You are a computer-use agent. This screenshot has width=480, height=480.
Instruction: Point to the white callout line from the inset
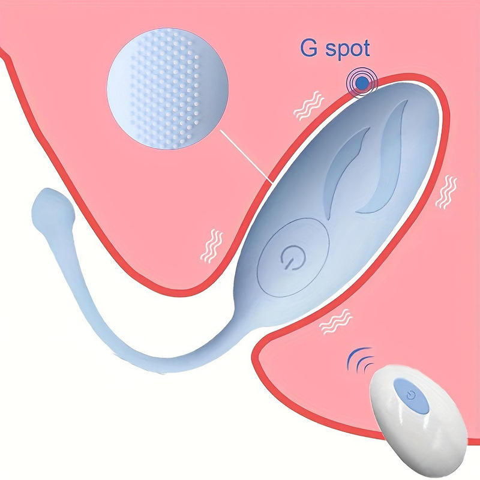tap(246, 158)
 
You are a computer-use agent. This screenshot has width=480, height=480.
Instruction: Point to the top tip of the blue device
tap(396, 89)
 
